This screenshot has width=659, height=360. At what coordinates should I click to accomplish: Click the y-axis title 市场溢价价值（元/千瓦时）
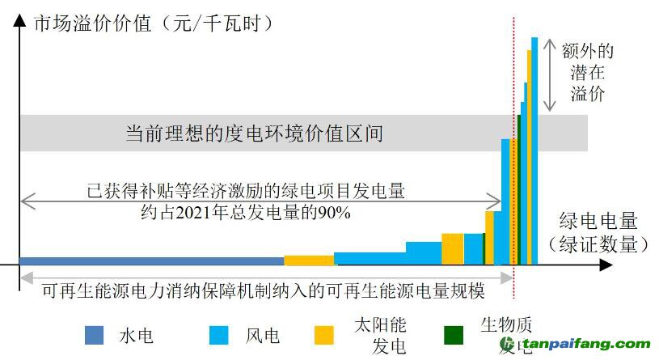(x=154, y=23)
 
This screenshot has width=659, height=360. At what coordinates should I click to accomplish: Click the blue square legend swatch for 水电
(x=95, y=335)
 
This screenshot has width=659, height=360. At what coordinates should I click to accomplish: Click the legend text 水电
(x=136, y=335)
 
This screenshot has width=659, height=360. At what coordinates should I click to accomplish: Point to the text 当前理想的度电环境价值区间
(x=254, y=133)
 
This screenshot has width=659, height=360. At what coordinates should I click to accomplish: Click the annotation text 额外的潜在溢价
(x=588, y=73)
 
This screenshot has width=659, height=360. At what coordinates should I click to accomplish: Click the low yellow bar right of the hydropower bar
(x=309, y=260)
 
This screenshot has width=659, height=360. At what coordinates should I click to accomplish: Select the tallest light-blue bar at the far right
(x=534, y=150)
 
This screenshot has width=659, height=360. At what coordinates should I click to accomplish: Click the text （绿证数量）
(x=598, y=244)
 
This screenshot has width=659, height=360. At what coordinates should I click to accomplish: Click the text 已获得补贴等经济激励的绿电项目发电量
(x=246, y=193)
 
